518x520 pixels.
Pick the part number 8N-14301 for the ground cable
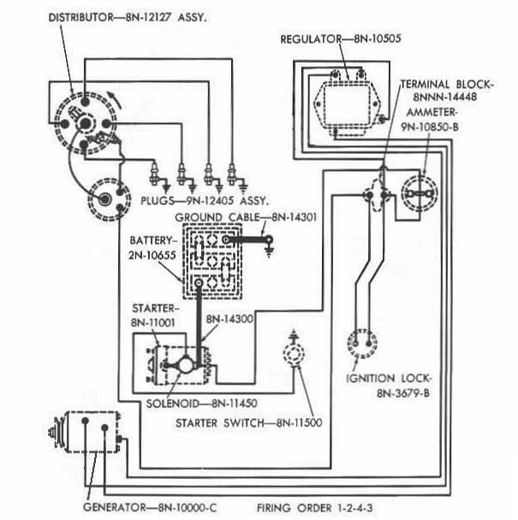tap(293, 217)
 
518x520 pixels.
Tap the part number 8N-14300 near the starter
tap(229, 318)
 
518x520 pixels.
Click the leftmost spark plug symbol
tap(155, 176)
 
